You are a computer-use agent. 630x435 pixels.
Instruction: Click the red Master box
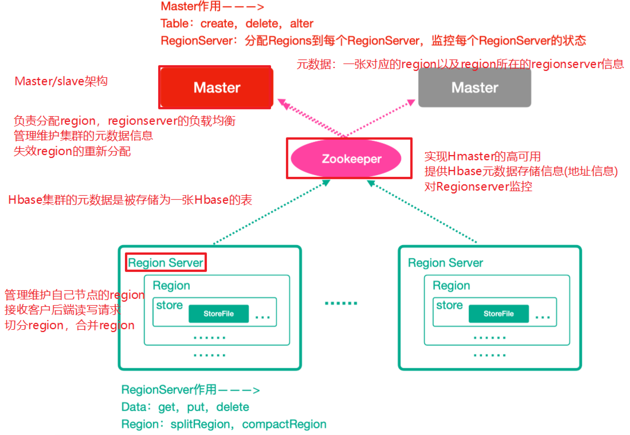point(216,87)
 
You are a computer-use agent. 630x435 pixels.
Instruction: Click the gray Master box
point(475,87)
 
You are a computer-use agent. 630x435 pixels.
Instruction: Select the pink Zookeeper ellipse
point(346,158)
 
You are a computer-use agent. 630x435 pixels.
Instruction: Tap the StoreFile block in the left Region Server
point(218,313)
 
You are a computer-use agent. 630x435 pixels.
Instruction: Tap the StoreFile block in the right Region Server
point(498,313)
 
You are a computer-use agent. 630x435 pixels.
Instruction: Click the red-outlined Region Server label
point(166,263)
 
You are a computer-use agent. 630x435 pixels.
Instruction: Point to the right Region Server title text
point(445,263)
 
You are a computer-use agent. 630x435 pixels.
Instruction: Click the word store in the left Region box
point(169,305)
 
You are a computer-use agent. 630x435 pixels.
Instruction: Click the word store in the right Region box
point(449,305)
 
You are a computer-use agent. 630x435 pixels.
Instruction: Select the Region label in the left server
point(171,286)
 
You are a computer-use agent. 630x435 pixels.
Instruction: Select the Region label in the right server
point(451,286)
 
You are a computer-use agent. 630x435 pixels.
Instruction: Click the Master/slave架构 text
point(61,81)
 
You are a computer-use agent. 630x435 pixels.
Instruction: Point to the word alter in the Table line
point(301,24)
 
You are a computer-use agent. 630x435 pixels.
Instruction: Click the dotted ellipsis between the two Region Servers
point(341,303)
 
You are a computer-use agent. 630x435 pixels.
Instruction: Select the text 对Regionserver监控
point(478,187)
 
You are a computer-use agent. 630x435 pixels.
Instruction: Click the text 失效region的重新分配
point(72,151)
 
